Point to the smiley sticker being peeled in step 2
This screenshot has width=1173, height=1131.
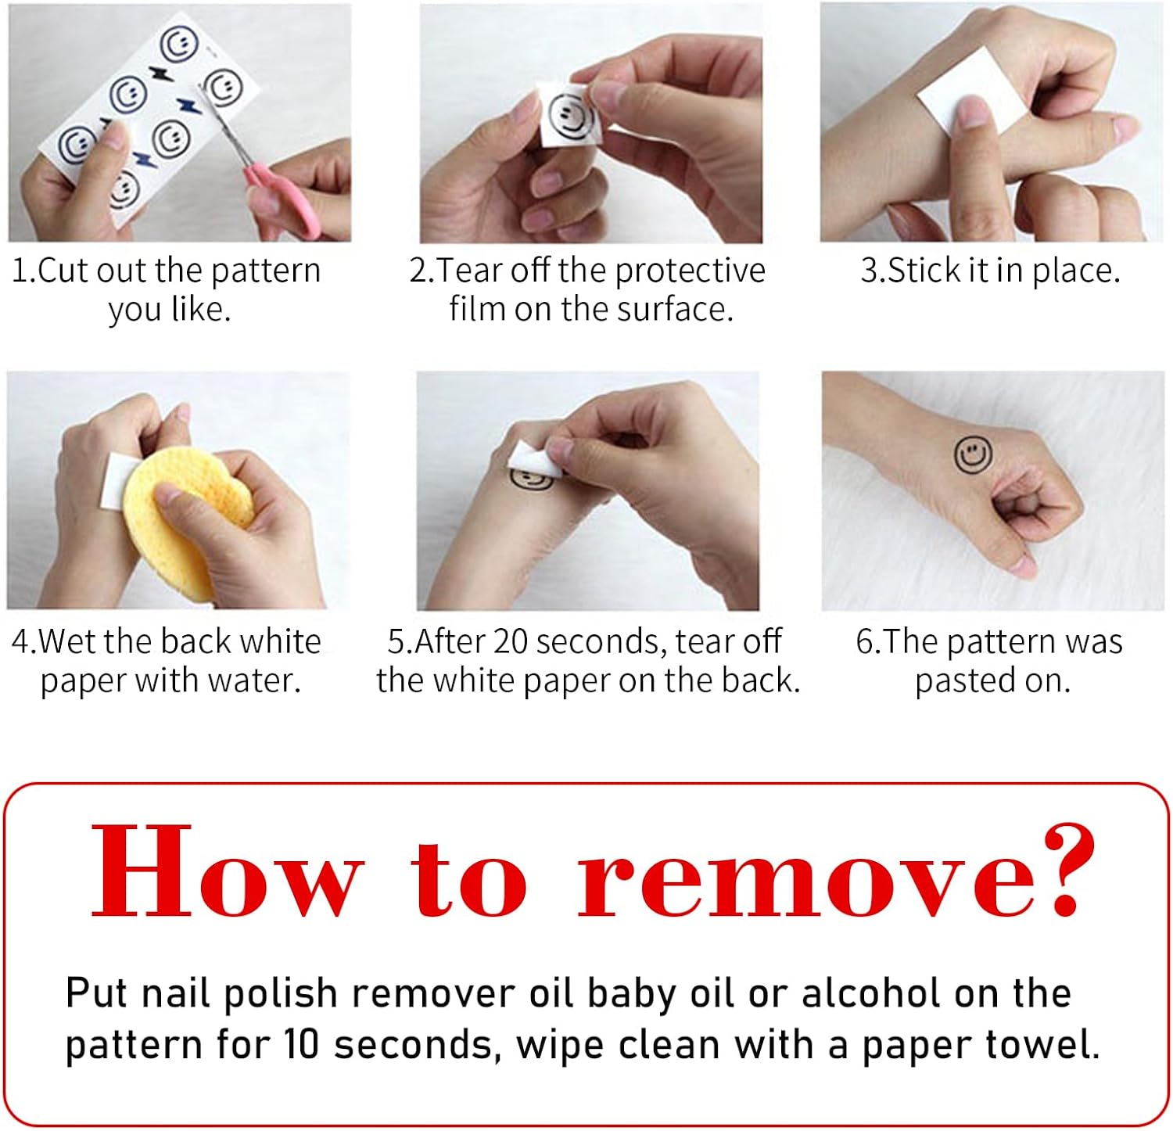[569, 115]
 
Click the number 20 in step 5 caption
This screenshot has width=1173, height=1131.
[512, 641]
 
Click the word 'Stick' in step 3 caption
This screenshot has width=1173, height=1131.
[924, 270]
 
